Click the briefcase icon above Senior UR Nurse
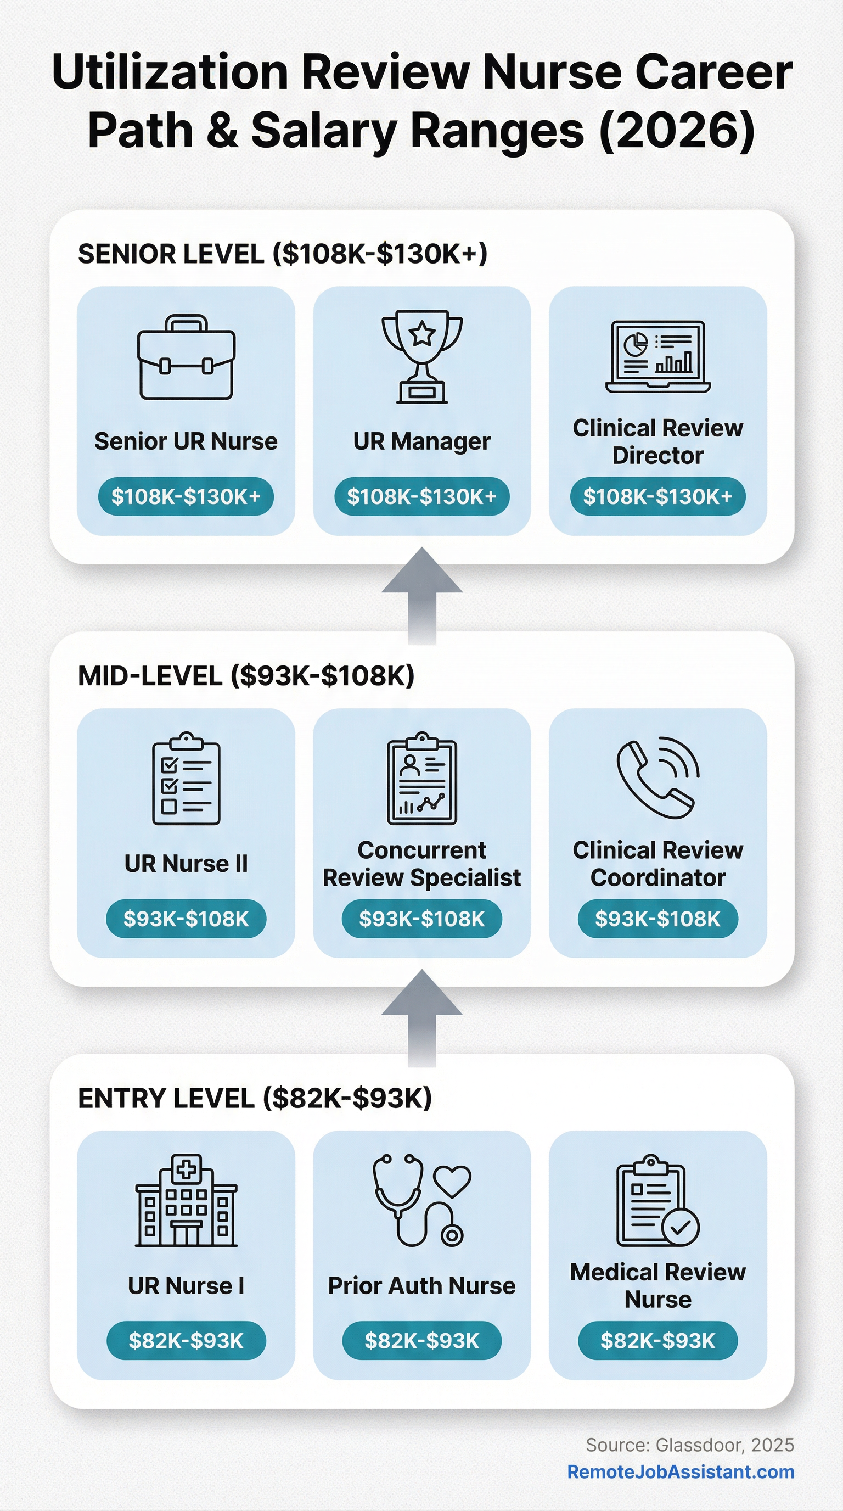point(187,357)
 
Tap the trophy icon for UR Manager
point(422,356)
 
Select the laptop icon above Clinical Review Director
point(657,356)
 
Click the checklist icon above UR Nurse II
point(187,779)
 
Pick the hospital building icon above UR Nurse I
point(187,1200)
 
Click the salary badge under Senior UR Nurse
point(186,496)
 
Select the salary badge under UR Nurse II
point(186,919)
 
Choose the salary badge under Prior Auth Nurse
point(422,1340)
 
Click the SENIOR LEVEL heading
point(283,254)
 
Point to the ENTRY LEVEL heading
point(255,1098)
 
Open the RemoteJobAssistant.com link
point(681,1471)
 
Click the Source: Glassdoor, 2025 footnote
point(690,1445)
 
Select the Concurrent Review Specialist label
point(422,864)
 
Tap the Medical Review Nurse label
point(657,1285)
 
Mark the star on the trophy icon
point(422,334)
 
